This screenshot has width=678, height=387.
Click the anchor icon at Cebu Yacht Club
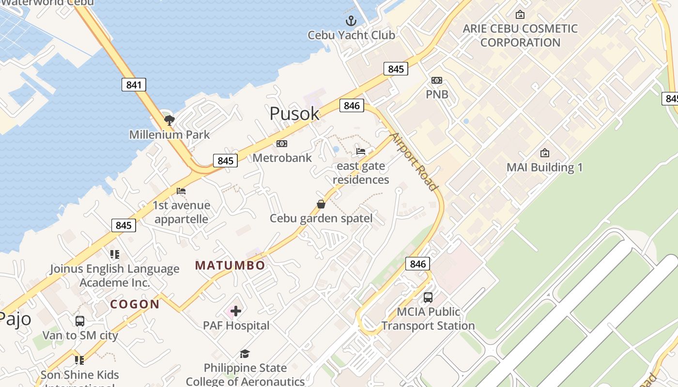(x=351, y=21)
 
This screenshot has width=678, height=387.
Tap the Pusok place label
(x=294, y=114)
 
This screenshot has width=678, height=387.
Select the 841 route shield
(x=134, y=85)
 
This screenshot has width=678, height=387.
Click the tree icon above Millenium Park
(x=169, y=119)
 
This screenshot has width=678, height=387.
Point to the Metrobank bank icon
(x=281, y=144)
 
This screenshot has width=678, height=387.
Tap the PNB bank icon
(x=437, y=80)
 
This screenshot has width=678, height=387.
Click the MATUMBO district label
(x=230, y=265)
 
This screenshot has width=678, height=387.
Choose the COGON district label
(x=135, y=304)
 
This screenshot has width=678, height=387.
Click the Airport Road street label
(x=415, y=161)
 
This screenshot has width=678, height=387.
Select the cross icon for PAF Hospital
(x=236, y=311)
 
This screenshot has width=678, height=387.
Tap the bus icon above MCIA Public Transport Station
(x=428, y=298)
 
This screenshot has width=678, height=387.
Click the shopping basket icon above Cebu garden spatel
(x=321, y=204)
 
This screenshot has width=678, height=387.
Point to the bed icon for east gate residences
(x=361, y=151)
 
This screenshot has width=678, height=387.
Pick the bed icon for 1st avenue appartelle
(x=181, y=191)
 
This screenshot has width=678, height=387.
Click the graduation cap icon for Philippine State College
(x=245, y=354)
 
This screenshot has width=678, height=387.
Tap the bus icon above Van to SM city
(x=80, y=321)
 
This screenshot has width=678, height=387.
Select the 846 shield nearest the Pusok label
(x=352, y=105)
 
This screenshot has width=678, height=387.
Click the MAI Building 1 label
(x=544, y=167)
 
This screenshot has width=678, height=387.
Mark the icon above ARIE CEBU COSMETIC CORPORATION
(x=520, y=15)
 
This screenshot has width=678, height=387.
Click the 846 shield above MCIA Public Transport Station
(x=417, y=264)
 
